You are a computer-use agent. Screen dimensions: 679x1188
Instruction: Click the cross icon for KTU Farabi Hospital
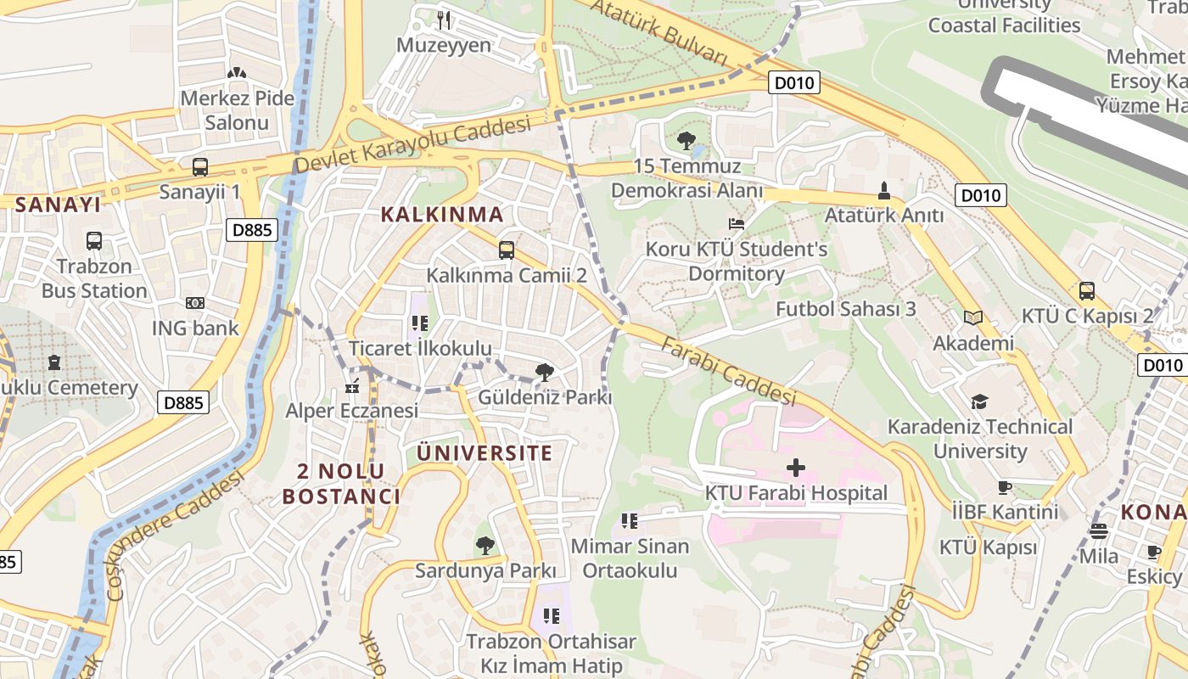tap(796, 467)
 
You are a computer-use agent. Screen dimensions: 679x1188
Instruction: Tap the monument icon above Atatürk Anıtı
tap(884, 189)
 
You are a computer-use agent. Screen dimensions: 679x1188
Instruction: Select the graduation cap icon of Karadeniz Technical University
tap(980, 401)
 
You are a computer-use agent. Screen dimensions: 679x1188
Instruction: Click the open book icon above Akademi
tap(973, 318)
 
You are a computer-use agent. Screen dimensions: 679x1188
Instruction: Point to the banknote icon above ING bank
tap(195, 303)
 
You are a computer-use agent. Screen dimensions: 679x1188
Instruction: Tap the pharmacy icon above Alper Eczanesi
tap(352, 388)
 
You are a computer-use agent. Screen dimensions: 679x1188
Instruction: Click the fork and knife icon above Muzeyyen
tap(444, 20)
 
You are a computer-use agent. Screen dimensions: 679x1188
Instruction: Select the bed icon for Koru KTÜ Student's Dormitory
tap(737, 224)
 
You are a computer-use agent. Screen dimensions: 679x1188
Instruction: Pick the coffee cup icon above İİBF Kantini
tap(1005, 487)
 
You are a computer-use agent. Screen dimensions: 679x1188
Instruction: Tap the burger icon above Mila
tap(1099, 531)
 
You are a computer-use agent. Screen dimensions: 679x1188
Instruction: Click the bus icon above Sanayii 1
tap(200, 167)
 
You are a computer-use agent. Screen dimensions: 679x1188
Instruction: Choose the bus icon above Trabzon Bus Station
tap(94, 241)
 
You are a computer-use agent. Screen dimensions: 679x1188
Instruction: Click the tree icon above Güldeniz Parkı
tap(545, 372)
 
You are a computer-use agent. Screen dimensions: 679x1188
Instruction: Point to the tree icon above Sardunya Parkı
tap(485, 545)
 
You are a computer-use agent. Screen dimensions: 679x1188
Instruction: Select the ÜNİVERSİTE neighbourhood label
tap(485, 452)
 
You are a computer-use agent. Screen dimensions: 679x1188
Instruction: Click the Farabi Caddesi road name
tap(728, 370)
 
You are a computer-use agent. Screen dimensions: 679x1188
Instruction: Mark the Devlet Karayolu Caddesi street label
tap(412, 145)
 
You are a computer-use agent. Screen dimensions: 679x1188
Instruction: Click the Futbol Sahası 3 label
tap(846, 308)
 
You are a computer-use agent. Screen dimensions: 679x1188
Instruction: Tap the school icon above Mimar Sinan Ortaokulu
tap(629, 520)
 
